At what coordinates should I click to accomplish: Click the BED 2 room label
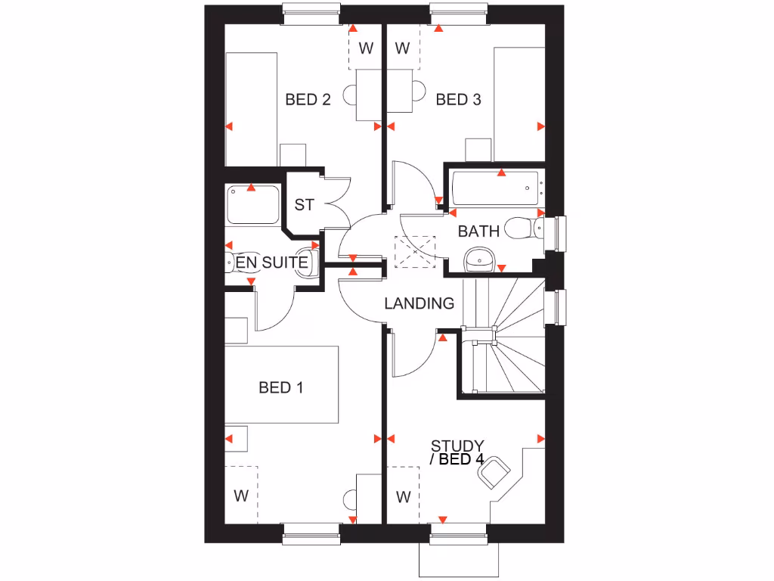tap(308, 99)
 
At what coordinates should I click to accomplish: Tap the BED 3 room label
tap(458, 99)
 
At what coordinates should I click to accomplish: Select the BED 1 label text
tap(280, 387)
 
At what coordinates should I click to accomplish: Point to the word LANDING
tap(420, 303)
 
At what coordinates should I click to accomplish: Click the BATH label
tap(478, 231)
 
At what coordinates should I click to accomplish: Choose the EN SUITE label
tap(272, 263)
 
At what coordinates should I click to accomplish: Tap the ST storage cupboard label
tap(304, 205)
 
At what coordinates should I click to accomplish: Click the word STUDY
tap(457, 446)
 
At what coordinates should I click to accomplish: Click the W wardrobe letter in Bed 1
tap(241, 496)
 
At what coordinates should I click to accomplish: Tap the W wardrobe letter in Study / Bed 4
tap(403, 497)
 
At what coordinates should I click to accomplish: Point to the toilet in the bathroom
tap(522, 227)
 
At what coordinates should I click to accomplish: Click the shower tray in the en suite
tap(252, 204)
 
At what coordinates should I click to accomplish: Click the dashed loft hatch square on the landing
tap(415, 251)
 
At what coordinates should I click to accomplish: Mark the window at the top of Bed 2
tap(311, 9)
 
